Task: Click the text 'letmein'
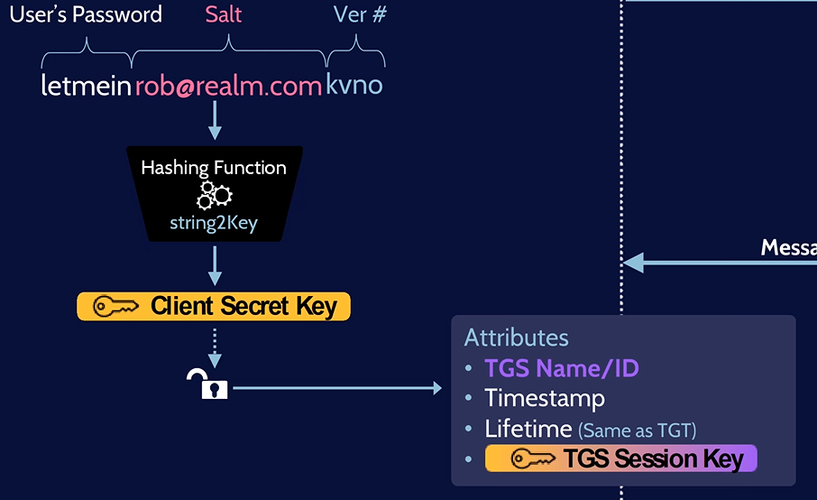(x=87, y=86)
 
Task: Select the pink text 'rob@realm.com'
(x=228, y=86)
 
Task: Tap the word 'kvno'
(x=354, y=86)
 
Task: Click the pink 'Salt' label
(x=224, y=14)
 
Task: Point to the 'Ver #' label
(x=360, y=14)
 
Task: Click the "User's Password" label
(x=86, y=14)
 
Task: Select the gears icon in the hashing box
(x=215, y=195)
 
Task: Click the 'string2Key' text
(x=214, y=223)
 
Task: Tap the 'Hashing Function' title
(x=214, y=168)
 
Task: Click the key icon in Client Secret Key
(x=115, y=307)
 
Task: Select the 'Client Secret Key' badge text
(x=243, y=307)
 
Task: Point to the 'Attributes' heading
(x=516, y=338)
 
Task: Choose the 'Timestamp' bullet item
(x=545, y=398)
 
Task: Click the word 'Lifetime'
(x=528, y=429)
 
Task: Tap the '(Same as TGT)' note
(x=638, y=431)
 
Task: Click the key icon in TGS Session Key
(x=533, y=459)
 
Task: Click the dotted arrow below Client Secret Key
(x=215, y=342)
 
